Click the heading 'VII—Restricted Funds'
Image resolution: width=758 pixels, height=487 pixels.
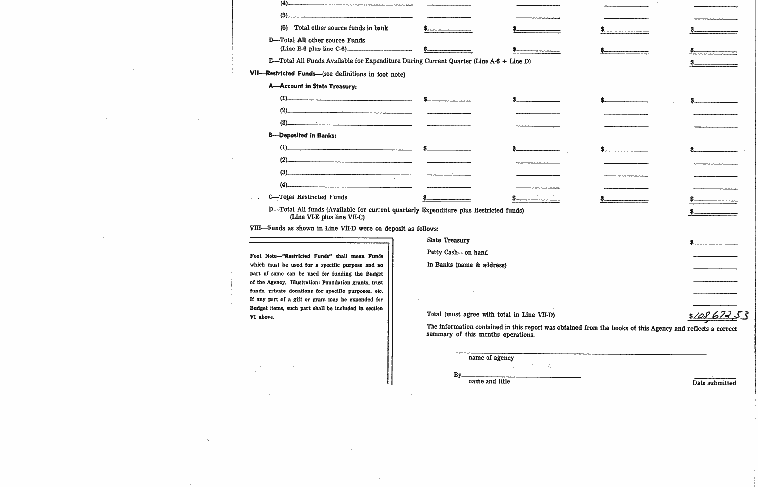(x=282, y=74)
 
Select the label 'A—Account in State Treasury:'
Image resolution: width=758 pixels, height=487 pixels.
(x=313, y=86)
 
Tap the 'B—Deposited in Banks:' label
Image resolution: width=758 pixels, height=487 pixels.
(x=302, y=135)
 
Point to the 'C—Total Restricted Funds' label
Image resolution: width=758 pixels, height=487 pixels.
(x=308, y=197)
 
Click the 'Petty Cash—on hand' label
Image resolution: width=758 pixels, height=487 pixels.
(x=457, y=252)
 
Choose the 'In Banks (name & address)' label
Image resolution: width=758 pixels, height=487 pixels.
(x=466, y=265)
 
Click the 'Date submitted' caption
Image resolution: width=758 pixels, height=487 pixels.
(x=714, y=383)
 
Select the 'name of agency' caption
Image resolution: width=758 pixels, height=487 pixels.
(x=490, y=358)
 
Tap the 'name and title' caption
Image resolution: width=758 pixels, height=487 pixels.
(x=488, y=381)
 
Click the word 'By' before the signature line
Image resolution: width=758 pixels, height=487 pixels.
(x=457, y=375)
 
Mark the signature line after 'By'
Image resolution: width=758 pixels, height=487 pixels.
(x=521, y=377)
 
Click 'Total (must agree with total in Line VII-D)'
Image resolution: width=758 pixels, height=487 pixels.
(x=490, y=314)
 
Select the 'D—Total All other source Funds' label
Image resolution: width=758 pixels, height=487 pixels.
(x=317, y=40)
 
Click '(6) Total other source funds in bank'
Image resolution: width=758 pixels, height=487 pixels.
(x=334, y=28)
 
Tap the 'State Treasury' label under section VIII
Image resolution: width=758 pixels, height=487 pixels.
(x=448, y=240)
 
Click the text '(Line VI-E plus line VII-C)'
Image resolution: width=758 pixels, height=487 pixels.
(x=327, y=217)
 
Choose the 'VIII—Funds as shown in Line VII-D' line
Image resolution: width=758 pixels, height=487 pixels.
(x=344, y=229)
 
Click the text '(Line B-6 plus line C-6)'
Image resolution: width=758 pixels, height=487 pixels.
(x=313, y=49)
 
